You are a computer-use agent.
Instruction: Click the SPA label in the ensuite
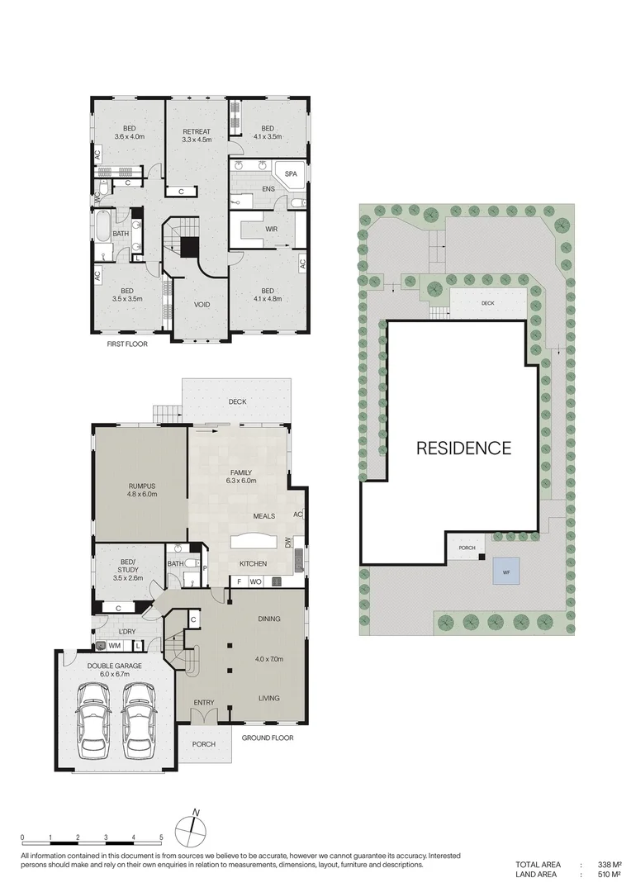(x=291, y=174)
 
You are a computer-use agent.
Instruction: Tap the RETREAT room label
(x=197, y=132)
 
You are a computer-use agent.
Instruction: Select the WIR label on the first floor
(x=272, y=230)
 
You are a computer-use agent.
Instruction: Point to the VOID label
(x=202, y=305)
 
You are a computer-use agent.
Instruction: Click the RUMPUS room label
(x=142, y=487)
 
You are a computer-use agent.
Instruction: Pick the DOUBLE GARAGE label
(x=114, y=667)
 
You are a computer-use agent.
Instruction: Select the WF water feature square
(x=506, y=571)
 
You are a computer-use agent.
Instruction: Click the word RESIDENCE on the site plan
(x=463, y=448)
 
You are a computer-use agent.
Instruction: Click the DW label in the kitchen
(x=288, y=542)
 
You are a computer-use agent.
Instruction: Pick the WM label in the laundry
(x=114, y=646)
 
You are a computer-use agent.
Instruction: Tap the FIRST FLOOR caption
(x=127, y=344)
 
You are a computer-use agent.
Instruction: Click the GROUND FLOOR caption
(x=268, y=738)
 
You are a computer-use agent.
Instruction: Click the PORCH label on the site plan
(x=467, y=548)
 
